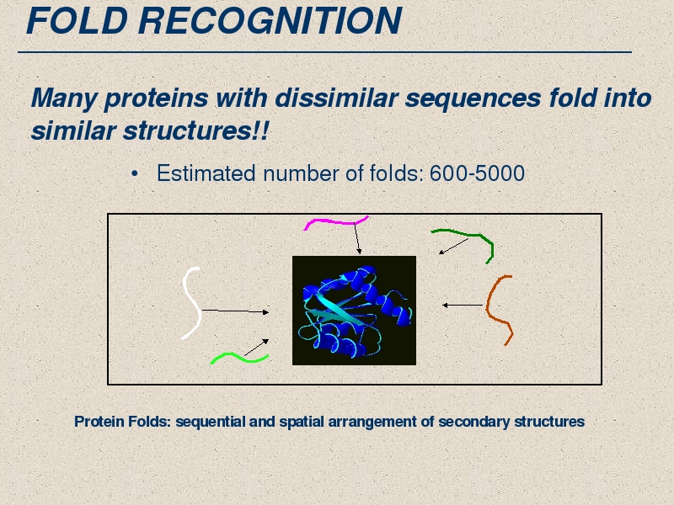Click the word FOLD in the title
point(77,20)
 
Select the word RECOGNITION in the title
point(270,20)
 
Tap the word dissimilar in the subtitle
point(336,98)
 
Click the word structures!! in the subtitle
point(195,130)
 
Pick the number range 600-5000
point(477,173)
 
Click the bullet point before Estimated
point(135,174)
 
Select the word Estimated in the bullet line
point(206,173)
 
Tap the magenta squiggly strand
point(335,222)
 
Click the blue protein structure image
point(354,311)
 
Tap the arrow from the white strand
point(236,311)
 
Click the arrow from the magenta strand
point(357,239)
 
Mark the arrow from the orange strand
point(463,306)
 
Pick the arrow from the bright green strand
point(257,348)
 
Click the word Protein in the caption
point(99,422)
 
